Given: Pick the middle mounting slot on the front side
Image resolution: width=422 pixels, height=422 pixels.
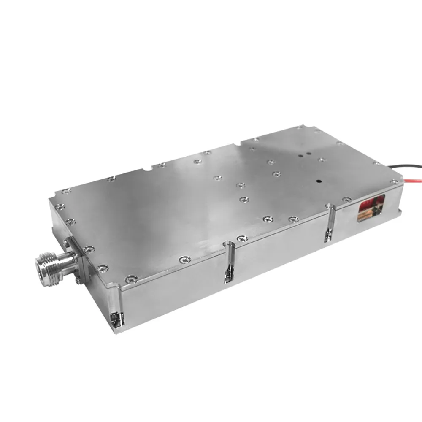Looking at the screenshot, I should pos(228,262).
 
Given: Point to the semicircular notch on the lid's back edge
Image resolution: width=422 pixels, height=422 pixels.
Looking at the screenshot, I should pos(146,171).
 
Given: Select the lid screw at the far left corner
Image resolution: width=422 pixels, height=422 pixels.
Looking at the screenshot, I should pos(66,191).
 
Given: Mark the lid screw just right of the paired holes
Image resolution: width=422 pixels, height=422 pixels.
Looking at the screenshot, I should pos(321,160).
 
